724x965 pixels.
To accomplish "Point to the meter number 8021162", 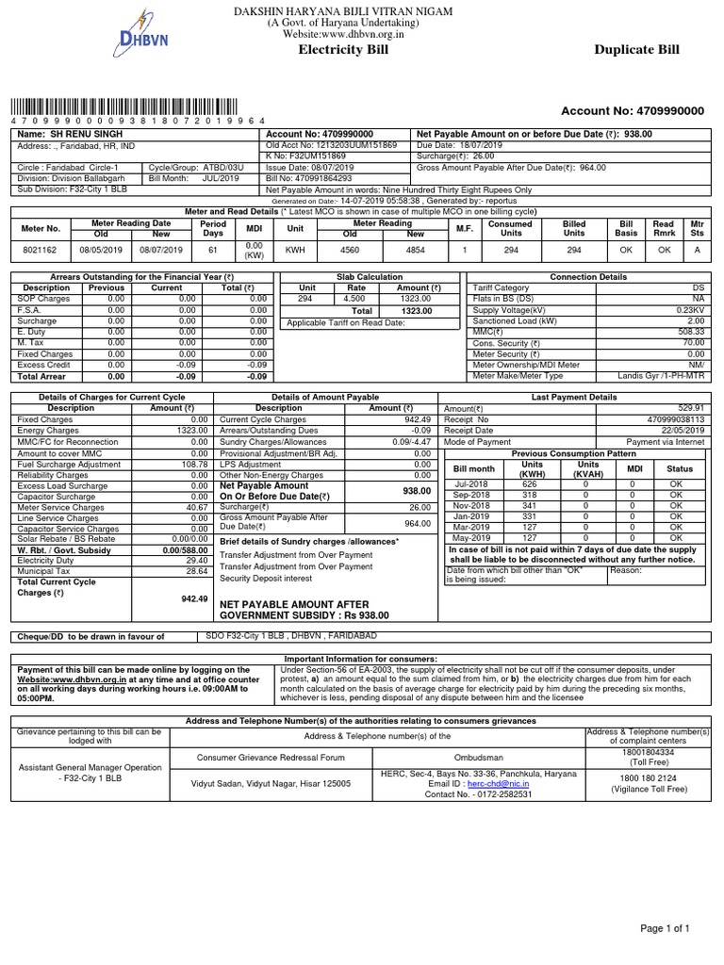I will coord(41,251).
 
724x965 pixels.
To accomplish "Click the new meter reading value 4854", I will coord(416,251).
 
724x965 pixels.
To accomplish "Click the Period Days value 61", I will coord(212,251).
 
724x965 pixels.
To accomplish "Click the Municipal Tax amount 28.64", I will coord(197,571).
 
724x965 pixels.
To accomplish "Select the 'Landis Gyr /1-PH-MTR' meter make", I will coord(661,376).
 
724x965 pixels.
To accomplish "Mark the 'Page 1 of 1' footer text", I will coord(666,929).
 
